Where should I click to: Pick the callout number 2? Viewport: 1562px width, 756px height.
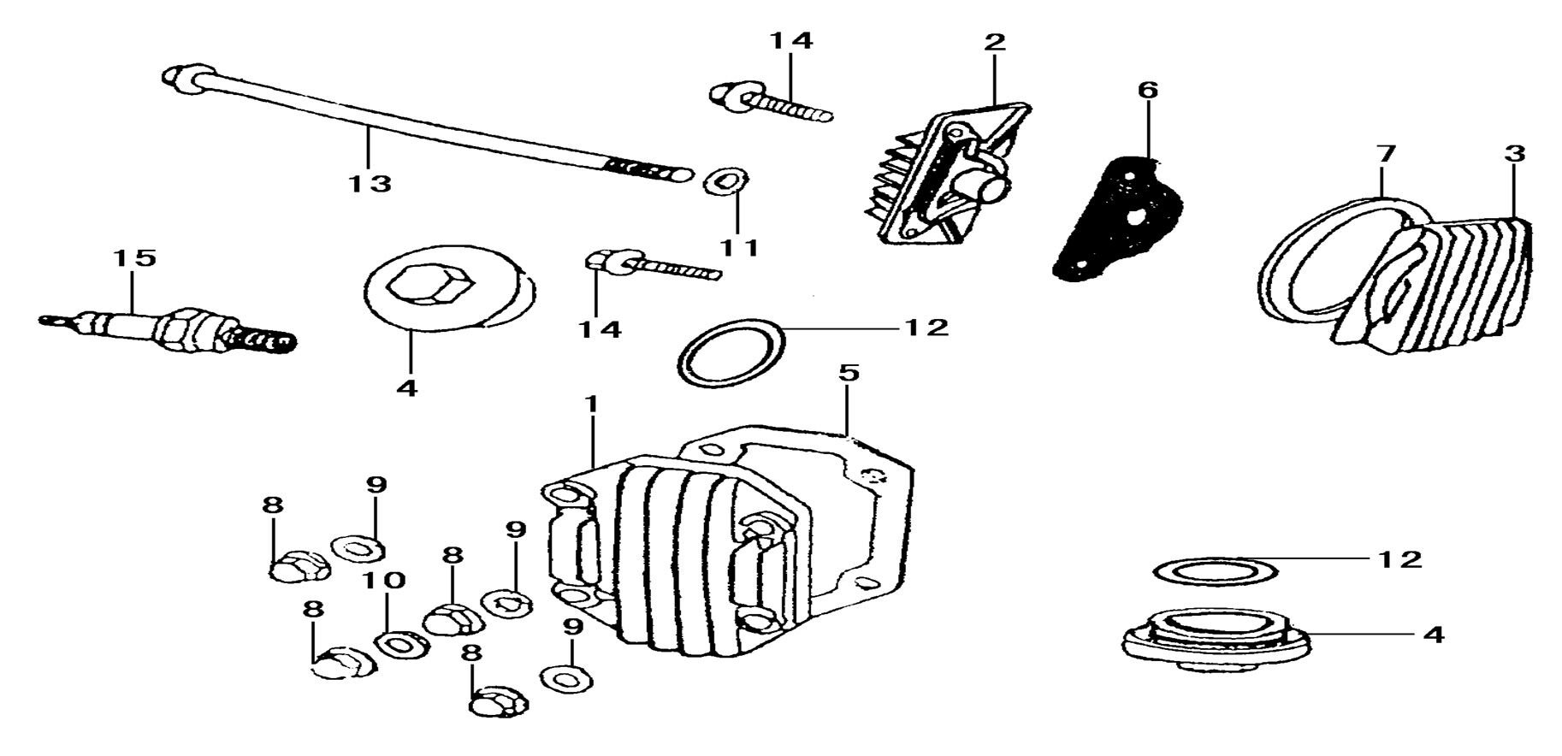[995, 42]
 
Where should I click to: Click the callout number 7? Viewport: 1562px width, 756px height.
[1385, 155]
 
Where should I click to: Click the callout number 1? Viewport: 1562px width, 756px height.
[590, 402]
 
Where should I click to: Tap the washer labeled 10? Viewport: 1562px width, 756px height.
[399, 643]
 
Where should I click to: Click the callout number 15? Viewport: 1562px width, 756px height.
[134, 257]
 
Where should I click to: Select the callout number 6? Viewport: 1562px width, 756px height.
[1147, 90]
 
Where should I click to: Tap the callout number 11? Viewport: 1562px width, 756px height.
[738, 248]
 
